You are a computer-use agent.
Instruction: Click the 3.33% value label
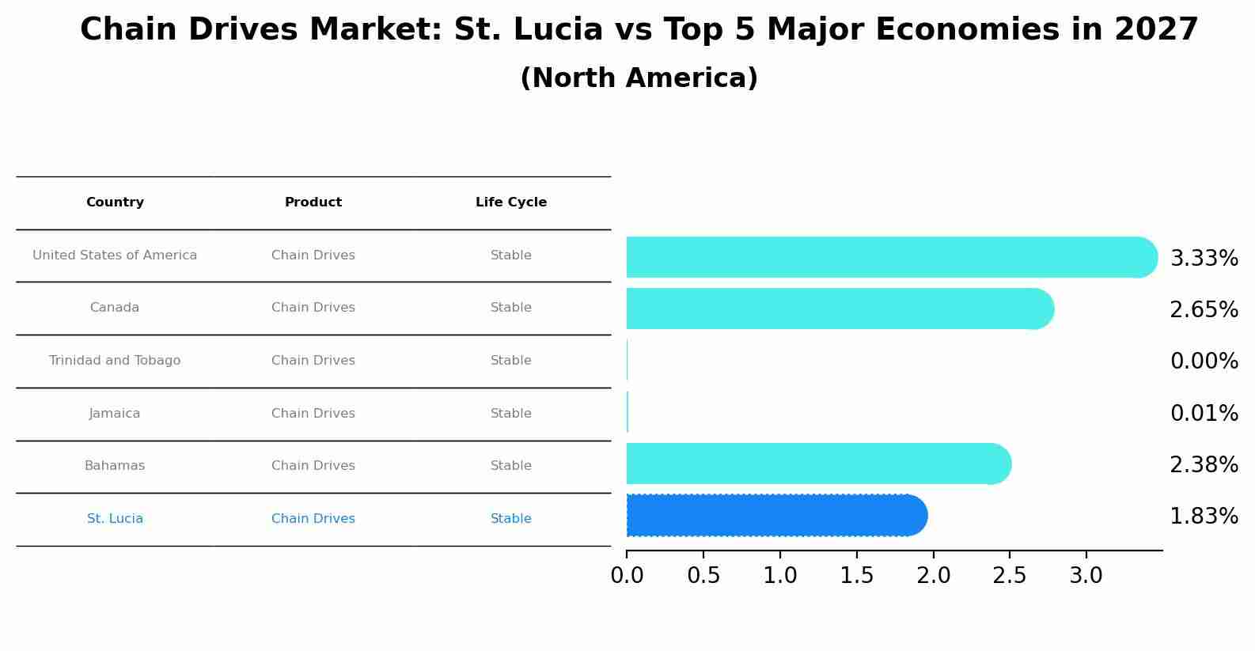pyautogui.click(x=1204, y=259)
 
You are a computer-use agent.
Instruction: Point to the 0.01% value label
pyautogui.click(x=1204, y=414)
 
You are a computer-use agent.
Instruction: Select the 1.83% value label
pyautogui.click(x=1204, y=517)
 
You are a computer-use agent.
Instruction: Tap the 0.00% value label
pyautogui.click(x=1204, y=361)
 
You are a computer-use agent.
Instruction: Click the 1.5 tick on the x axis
pyautogui.click(x=857, y=576)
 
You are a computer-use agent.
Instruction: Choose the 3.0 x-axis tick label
pyautogui.click(x=1086, y=576)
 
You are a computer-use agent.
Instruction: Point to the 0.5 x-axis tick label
pyautogui.click(x=703, y=576)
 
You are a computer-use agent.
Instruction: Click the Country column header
pyautogui.click(x=115, y=202)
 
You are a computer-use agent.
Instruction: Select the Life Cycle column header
pyautogui.click(x=511, y=202)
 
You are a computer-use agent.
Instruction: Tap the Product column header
pyautogui.click(x=313, y=202)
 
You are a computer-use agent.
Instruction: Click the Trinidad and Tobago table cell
pyautogui.click(x=115, y=361)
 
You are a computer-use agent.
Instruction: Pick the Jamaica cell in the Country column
pyautogui.click(x=115, y=414)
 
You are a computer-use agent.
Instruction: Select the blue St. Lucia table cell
pyautogui.click(x=115, y=519)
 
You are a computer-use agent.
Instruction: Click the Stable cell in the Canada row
pyautogui.click(x=511, y=308)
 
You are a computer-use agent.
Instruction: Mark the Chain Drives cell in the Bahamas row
pyautogui.click(x=313, y=466)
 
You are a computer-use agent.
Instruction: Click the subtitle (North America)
pyautogui.click(x=639, y=78)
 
